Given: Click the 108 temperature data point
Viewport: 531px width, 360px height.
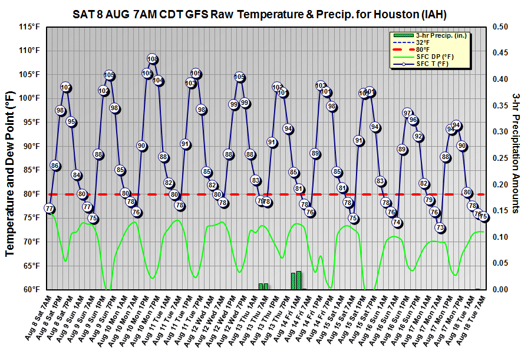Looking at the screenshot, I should (x=153, y=59).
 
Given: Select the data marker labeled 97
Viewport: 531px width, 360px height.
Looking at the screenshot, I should (x=407, y=113).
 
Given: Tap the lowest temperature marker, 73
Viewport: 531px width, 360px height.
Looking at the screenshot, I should (x=440, y=227).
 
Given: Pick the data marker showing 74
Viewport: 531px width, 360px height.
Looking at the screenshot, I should (x=397, y=223).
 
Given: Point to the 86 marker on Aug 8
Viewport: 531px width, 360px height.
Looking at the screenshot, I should (x=55, y=166).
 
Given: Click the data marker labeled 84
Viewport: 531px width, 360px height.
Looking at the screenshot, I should (x=77, y=175).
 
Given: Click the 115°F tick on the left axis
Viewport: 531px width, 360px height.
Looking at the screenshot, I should (x=29, y=27).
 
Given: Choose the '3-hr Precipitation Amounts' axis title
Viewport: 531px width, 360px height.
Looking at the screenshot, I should (x=516, y=153).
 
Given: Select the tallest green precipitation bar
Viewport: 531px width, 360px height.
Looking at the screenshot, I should (x=299, y=280).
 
